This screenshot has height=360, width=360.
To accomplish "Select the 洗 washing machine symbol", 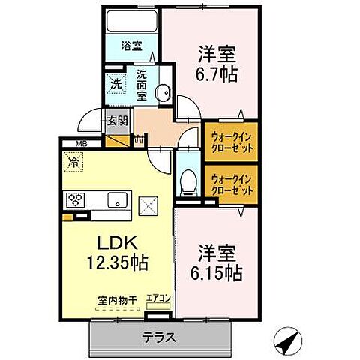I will [117, 85].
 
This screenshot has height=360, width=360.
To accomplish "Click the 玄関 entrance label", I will [116, 120].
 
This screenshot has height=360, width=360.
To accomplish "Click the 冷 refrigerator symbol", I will [73, 160].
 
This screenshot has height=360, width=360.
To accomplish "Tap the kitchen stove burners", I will [76, 200].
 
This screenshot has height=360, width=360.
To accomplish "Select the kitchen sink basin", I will [117, 200].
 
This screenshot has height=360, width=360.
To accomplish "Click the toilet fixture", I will [187, 180].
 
